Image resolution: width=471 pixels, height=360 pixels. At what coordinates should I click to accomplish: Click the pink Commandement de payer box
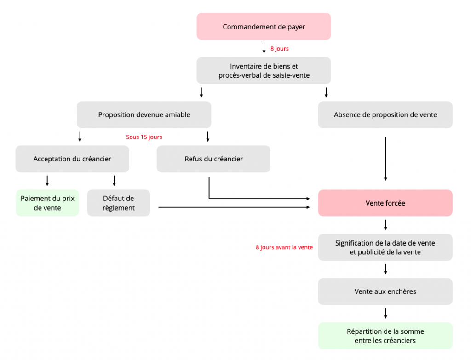click(264, 27)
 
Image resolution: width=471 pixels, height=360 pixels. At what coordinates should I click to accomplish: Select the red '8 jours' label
click(279, 49)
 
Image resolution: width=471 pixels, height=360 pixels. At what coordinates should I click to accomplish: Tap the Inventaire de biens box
click(264, 71)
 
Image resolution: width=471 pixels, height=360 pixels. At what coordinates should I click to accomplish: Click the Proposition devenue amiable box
click(144, 115)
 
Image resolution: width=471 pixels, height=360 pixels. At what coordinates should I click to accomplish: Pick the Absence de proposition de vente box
click(385, 115)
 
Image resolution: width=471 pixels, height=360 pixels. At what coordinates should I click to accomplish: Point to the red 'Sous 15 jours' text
click(144, 137)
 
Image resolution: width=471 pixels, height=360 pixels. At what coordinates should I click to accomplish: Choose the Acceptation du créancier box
click(72, 159)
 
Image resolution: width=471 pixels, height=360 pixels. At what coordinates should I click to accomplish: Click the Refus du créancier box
click(213, 159)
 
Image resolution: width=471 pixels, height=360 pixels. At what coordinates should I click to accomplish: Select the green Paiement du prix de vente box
click(47, 203)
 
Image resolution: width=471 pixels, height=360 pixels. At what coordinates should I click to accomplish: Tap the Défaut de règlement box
click(119, 203)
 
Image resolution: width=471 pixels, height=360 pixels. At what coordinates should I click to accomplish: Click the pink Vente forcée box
click(385, 203)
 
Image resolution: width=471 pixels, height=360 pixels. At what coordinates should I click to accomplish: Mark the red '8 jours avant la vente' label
click(284, 247)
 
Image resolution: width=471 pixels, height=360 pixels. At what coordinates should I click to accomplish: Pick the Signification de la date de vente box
click(385, 247)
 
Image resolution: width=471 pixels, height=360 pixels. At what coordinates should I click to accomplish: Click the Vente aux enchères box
click(385, 291)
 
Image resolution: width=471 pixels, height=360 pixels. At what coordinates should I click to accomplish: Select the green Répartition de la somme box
click(385, 336)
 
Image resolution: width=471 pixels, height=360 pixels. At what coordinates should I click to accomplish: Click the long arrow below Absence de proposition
click(385, 159)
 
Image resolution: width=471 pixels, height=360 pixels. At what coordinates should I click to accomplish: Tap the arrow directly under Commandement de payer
click(264, 48)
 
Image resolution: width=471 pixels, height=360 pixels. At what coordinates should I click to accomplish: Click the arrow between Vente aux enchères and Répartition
click(385, 313)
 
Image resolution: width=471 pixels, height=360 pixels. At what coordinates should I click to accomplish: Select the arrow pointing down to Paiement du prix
click(47, 180)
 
